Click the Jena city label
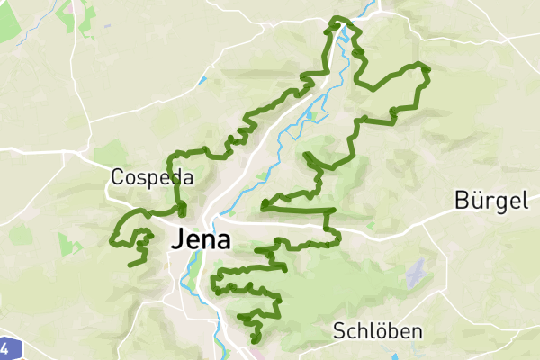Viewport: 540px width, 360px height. tap(199, 241)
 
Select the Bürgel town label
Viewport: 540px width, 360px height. tap(490, 201)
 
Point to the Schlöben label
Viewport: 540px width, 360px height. tap(377, 331)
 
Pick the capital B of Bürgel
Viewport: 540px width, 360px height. tap(463, 201)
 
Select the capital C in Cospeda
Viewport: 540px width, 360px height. tap(118, 177)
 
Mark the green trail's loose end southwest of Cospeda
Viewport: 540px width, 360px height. tap(131, 265)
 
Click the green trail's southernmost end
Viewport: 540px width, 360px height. tap(256, 340)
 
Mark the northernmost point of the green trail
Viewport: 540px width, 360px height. tap(338, 18)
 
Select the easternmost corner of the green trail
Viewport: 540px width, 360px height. tap(428, 68)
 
